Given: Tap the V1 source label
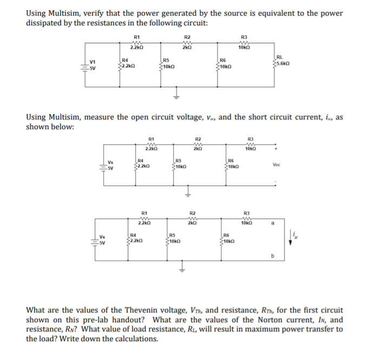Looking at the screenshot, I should [x=93, y=62].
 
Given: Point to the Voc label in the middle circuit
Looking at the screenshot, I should [x=277, y=165].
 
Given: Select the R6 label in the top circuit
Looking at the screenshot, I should [x=222, y=61].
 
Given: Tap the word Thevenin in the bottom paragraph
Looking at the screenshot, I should [x=131, y=310].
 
